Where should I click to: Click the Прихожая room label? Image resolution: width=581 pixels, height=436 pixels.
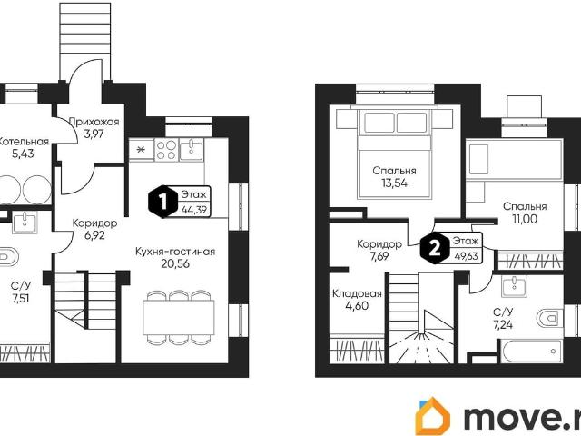[94, 122]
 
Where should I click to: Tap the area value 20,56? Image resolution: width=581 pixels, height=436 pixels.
[175, 263]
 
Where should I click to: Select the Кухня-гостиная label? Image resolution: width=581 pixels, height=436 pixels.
[175, 252]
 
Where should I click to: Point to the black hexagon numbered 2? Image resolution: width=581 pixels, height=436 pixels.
[435, 248]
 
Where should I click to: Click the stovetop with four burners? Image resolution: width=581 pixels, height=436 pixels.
[166, 149]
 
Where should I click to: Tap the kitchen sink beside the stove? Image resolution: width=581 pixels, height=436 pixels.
[192, 149]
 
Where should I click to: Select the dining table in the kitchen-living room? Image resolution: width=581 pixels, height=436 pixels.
[179, 318]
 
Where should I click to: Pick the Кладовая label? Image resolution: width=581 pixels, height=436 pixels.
[357, 294]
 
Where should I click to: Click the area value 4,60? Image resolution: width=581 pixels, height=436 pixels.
[357, 306]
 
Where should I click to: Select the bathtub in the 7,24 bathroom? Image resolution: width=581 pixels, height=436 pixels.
[532, 352]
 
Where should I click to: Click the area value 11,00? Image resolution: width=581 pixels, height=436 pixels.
[525, 219]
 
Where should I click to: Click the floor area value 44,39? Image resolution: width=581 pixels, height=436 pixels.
[194, 210]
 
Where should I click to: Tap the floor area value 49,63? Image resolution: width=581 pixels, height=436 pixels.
[466, 256]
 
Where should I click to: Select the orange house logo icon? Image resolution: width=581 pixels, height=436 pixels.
[433, 417]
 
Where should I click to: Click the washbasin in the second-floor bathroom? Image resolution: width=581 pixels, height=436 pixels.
[515, 286]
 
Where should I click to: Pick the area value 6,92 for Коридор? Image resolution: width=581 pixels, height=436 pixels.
[94, 235]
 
